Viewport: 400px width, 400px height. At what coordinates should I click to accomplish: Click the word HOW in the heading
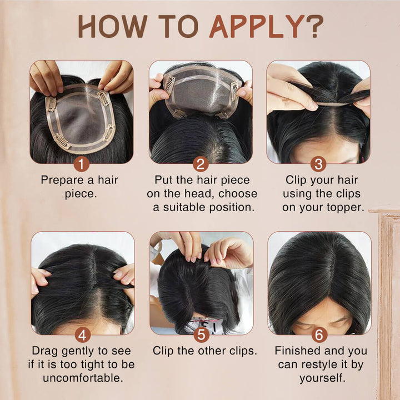coord(113,26)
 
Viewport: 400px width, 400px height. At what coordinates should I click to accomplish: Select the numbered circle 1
coord(81,164)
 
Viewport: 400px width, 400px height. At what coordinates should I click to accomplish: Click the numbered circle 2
coord(201,164)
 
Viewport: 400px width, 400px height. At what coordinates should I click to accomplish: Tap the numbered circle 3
coord(318,164)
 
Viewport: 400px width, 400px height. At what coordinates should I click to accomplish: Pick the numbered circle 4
coord(83,335)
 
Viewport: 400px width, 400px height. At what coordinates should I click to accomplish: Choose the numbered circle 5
coord(201,335)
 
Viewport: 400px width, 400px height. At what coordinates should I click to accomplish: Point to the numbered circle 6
coord(319,335)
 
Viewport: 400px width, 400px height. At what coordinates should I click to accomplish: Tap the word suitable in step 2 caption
coord(184,207)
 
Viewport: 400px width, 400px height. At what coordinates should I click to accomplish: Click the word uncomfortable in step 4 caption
coord(83,378)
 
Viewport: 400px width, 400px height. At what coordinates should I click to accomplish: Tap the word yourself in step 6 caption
coord(322,378)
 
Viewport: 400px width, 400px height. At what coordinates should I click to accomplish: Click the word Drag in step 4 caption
coord(44,351)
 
